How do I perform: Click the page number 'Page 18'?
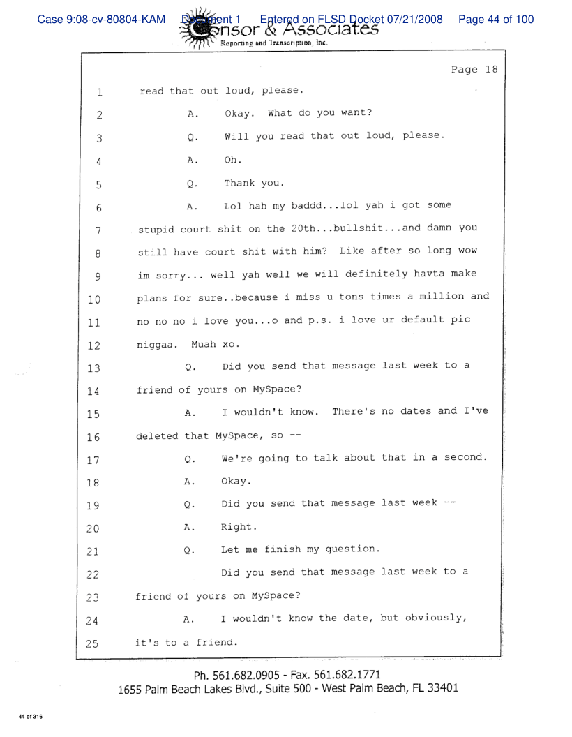(474, 70)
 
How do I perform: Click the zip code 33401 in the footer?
(439, 688)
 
